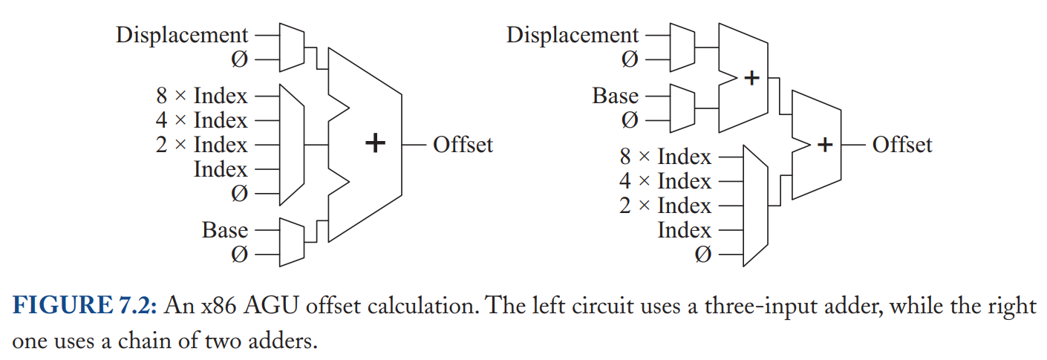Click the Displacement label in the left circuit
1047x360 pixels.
[x=182, y=36]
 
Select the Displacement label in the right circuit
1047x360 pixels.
[x=572, y=36]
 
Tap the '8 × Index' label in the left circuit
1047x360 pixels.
[x=201, y=96]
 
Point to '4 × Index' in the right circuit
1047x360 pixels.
[x=665, y=181]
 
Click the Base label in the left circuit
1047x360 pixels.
[x=225, y=230]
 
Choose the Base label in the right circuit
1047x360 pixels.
[x=615, y=96]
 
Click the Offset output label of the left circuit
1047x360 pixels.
[x=463, y=145]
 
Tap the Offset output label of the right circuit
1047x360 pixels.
[x=902, y=145]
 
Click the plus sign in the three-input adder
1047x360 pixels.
[x=375, y=143]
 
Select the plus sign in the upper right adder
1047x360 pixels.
[x=751, y=78]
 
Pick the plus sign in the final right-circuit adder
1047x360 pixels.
[x=825, y=145]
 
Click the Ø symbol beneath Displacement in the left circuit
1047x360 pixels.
[x=239, y=59]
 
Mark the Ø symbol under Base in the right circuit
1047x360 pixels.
[x=630, y=120]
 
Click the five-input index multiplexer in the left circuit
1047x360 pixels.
[x=292, y=145]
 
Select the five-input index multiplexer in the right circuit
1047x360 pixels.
[x=755, y=206]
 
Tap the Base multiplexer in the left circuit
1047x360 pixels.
[x=292, y=242]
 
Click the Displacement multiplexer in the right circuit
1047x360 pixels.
[x=682, y=48]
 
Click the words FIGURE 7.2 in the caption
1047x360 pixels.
[x=85, y=305]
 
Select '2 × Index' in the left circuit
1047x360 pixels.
[x=201, y=145]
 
